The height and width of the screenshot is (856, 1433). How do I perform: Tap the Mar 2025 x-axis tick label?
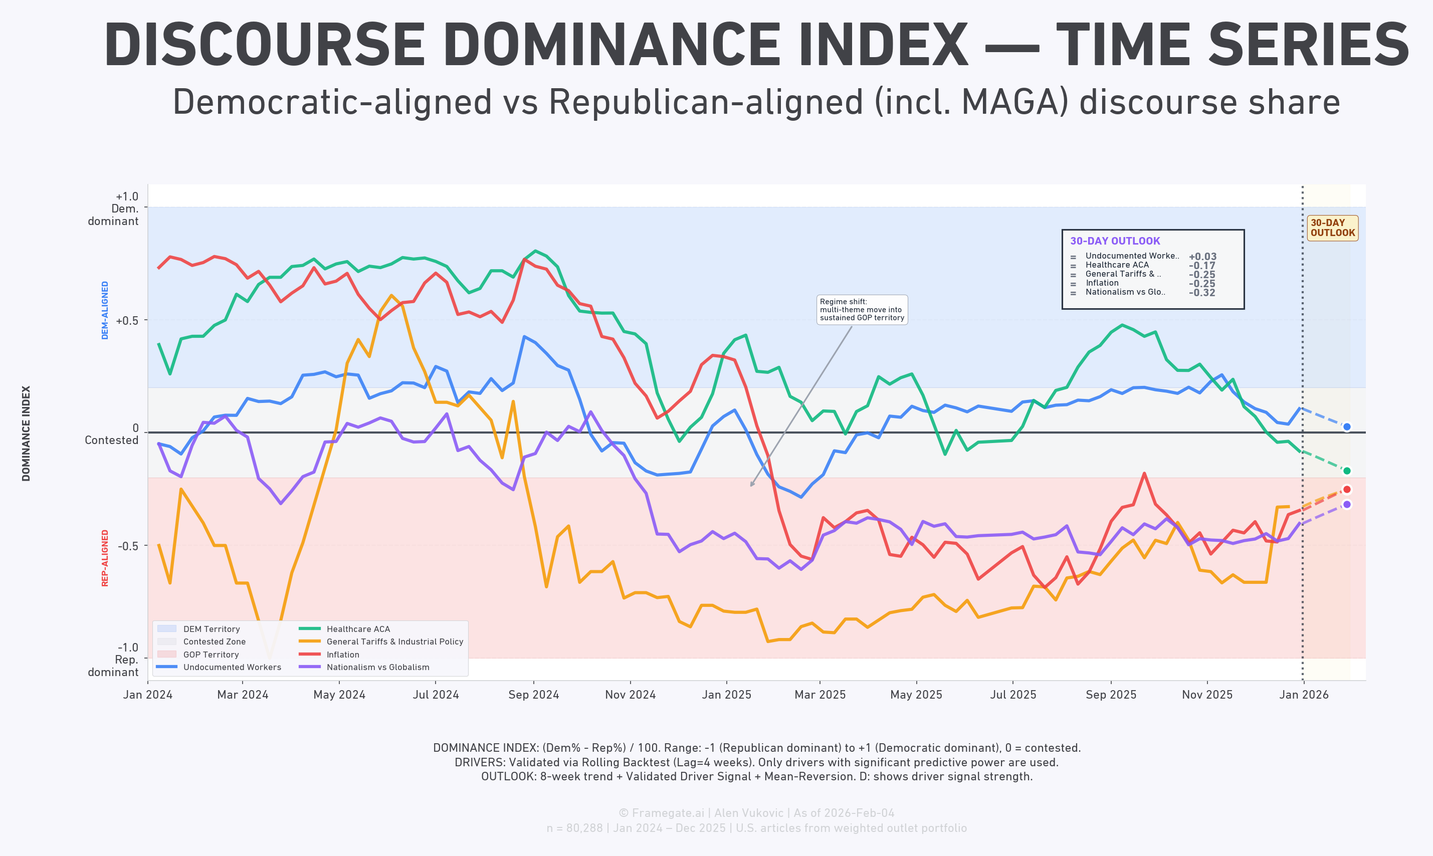(x=820, y=695)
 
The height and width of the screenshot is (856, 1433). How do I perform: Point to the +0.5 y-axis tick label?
(x=127, y=321)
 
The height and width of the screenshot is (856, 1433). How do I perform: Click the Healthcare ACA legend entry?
(x=358, y=629)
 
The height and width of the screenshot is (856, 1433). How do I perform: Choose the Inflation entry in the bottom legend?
(x=343, y=654)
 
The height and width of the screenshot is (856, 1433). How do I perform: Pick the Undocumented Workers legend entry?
(x=232, y=667)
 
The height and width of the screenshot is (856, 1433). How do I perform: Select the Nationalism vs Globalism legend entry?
(x=377, y=667)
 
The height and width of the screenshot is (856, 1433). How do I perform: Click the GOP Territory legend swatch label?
(x=211, y=654)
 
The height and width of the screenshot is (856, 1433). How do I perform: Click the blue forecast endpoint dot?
(x=1346, y=427)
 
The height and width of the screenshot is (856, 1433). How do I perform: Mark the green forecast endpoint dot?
(x=1346, y=471)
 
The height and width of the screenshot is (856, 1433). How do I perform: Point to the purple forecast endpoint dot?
(x=1346, y=504)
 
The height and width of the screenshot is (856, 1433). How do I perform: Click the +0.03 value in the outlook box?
(x=1202, y=257)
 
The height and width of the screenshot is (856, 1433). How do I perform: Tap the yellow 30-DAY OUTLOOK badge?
(x=1332, y=228)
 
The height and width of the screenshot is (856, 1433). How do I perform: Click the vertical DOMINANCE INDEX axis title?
(x=26, y=433)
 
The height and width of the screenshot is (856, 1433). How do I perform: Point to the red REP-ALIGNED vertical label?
(x=105, y=558)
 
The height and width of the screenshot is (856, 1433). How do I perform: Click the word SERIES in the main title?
(x=1308, y=46)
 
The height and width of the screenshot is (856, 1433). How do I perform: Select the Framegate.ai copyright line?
(x=756, y=813)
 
